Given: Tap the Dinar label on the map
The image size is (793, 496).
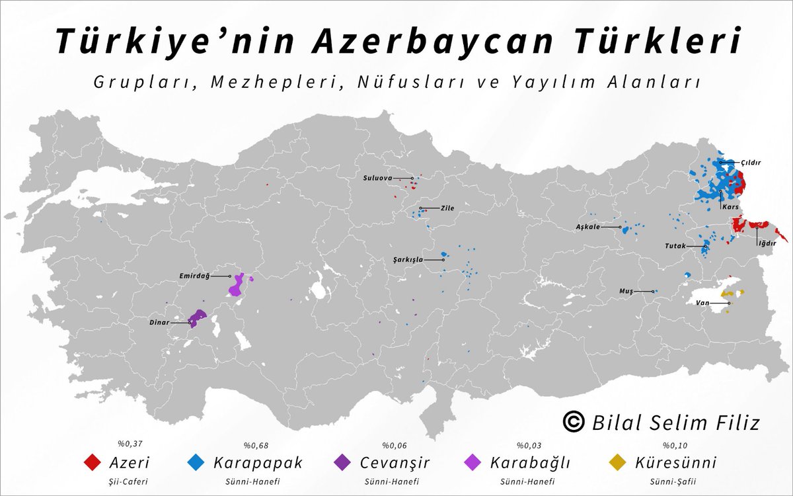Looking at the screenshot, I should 159,323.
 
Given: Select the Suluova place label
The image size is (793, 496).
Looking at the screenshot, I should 377,178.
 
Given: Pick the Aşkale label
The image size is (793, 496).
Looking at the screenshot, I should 587,227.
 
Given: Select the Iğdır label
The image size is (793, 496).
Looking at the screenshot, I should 766,243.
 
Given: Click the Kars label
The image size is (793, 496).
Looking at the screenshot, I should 730,207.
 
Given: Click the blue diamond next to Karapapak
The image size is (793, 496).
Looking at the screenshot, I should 196,462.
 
